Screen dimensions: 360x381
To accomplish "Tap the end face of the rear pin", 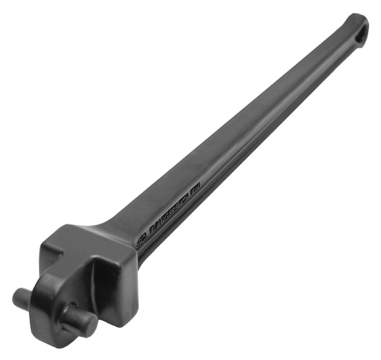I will (17, 295).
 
